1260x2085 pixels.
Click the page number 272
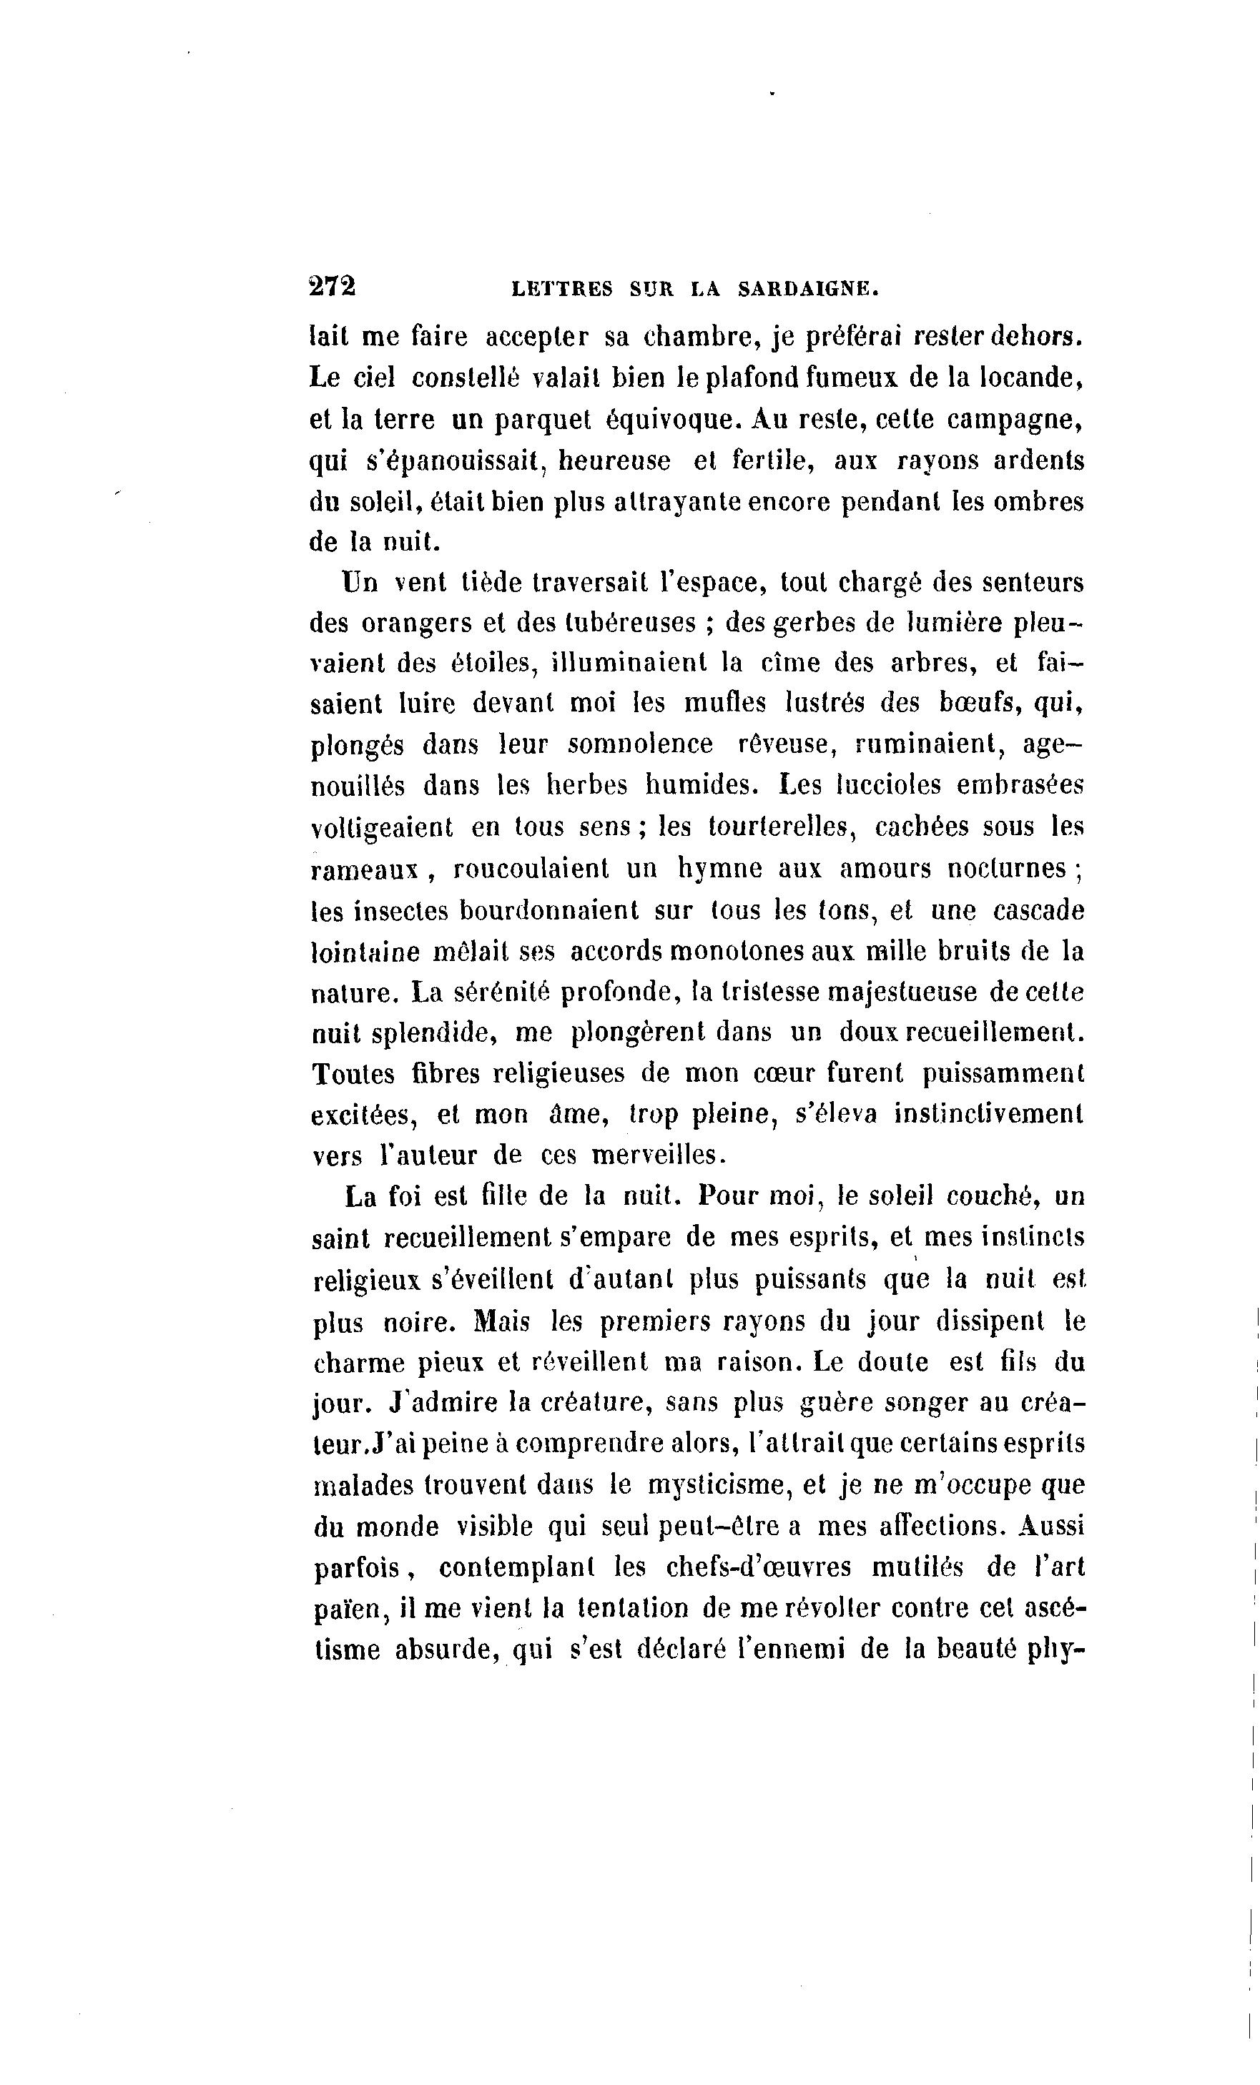[333, 287]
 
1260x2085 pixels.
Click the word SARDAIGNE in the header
[808, 290]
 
